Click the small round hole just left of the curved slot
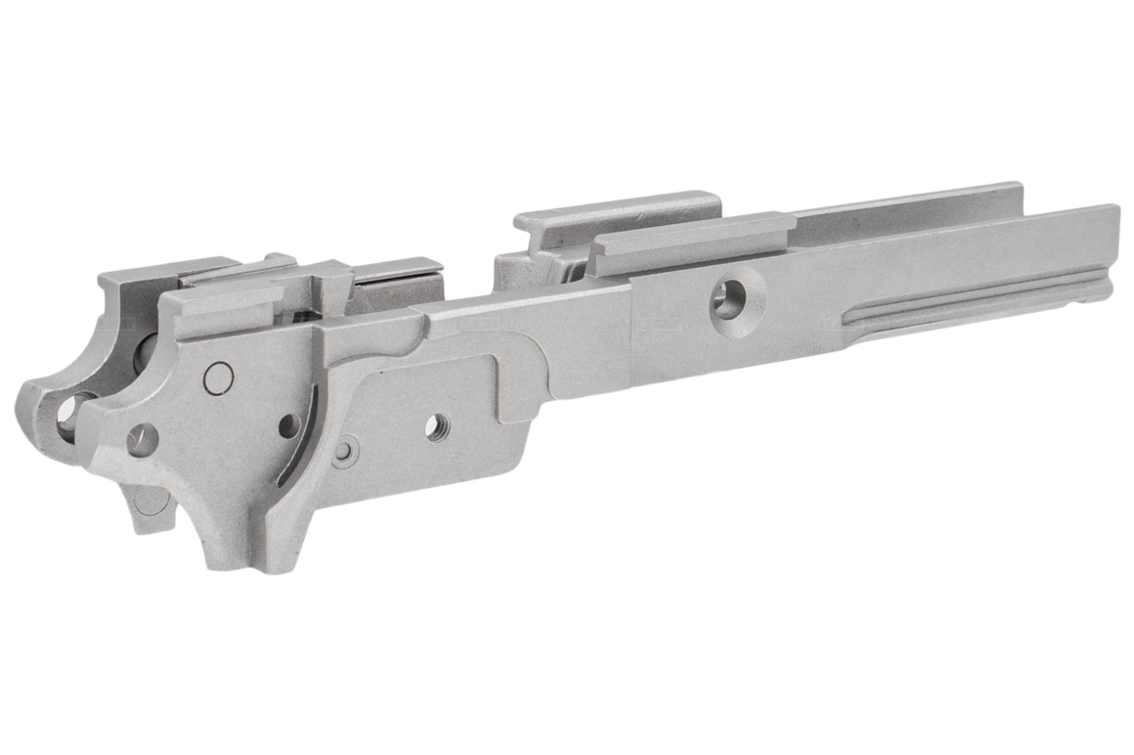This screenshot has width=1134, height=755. pyautogui.click(x=288, y=425)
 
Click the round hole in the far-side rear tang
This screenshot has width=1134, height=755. pyautogui.click(x=71, y=412)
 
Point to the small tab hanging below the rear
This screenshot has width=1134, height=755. pyautogui.click(x=150, y=509)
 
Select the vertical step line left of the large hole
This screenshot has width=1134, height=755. pyautogui.click(x=632, y=333)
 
